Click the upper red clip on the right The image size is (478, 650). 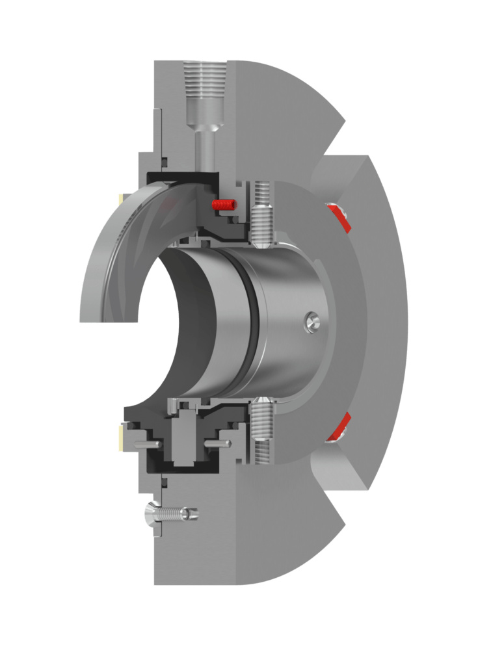point(339,217)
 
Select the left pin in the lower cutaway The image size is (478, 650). point(150,445)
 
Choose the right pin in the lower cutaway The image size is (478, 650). point(217,443)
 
